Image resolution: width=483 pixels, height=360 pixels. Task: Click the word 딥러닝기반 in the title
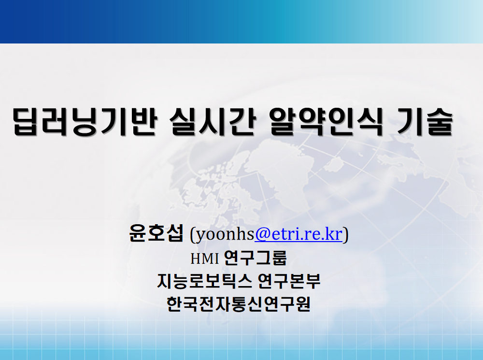point(85,121)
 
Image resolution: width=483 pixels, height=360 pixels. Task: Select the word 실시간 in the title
point(213,121)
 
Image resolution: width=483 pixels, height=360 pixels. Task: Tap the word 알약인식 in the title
point(326,121)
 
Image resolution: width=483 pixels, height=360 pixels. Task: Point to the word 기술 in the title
point(425,121)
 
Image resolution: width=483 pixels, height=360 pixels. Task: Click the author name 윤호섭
point(156,233)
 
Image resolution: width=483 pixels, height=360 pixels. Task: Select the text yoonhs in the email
point(225,235)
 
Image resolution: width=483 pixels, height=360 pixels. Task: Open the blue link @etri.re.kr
point(298,234)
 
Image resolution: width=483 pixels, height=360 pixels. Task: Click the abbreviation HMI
point(204,259)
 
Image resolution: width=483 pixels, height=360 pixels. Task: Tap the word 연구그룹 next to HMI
point(256,258)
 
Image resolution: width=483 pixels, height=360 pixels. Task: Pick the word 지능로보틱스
point(204,281)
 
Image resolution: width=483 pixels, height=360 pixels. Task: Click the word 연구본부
point(289,281)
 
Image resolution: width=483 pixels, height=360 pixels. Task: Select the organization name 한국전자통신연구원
point(239,304)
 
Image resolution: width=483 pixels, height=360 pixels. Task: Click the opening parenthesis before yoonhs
point(193,235)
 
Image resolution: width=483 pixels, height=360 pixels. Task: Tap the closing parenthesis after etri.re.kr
point(346,235)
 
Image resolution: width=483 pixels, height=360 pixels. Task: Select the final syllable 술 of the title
point(440,121)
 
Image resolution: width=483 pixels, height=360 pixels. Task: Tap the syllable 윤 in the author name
point(138,233)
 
